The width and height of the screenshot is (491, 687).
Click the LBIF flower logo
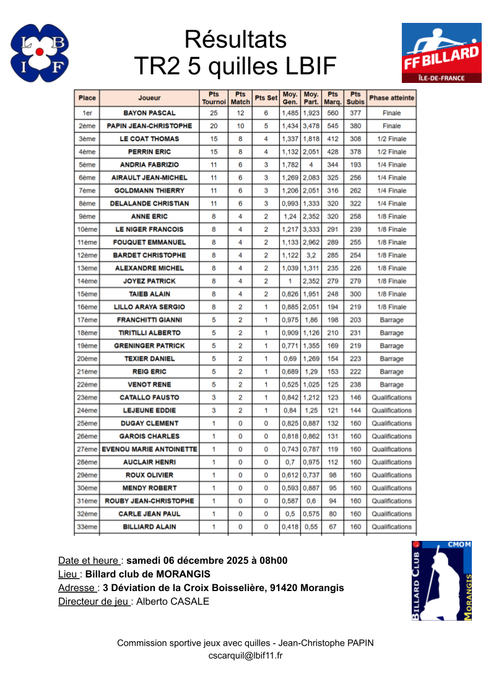point(40,53)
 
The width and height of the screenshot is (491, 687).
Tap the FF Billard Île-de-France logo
point(441,53)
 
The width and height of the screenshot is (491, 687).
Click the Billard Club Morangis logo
point(441,581)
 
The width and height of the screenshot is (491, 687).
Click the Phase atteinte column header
point(391,98)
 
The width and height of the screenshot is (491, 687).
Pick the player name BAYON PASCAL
point(149,113)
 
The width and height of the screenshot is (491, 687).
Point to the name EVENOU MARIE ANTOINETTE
point(149,449)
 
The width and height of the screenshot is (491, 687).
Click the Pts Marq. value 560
point(333,113)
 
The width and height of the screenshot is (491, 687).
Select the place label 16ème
point(87,307)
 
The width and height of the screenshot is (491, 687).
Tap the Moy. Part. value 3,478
point(311,126)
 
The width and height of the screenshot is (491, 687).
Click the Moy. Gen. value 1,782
point(290,165)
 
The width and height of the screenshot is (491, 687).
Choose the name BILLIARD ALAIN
point(149,527)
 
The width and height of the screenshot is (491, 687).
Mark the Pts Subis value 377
point(355,113)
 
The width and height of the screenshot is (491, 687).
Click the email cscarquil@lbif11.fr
point(245,655)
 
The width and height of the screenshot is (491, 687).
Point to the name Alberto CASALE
point(173,601)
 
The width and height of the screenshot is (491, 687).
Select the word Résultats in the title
point(235,40)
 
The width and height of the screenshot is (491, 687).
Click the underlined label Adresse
point(76,588)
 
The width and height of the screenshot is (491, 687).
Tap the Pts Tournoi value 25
point(214,113)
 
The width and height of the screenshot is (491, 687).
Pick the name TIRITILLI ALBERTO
point(149,333)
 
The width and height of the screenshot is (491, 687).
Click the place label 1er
point(87,113)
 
